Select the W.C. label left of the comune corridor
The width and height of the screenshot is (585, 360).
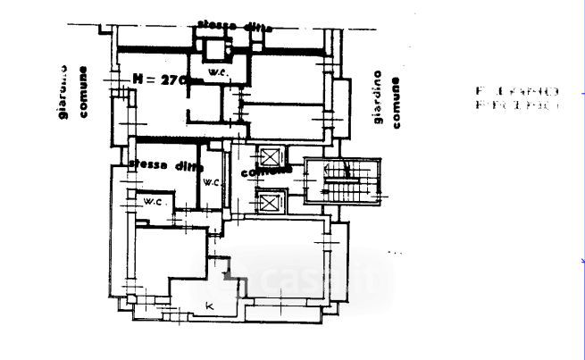(x=211, y=182)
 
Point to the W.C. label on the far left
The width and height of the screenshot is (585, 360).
(x=153, y=202)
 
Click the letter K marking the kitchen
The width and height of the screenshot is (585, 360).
(x=210, y=307)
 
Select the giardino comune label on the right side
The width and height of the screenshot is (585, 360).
(x=388, y=100)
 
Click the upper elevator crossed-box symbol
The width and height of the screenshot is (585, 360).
(x=268, y=154)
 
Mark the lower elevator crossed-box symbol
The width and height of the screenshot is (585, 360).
(x=269, y=203)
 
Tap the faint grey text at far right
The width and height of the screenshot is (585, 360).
(x=517, y=98)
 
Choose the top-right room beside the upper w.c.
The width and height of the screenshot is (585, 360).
(x=286, y=80)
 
